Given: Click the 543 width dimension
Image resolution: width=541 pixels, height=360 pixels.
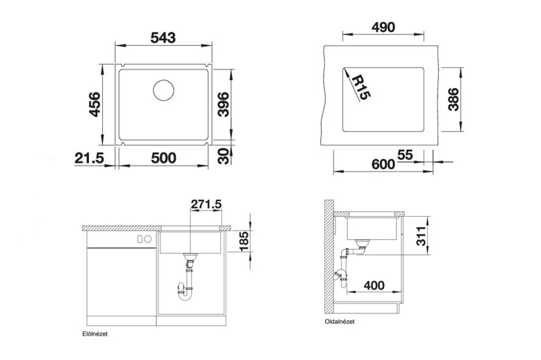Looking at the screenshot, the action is [x=163, y=38].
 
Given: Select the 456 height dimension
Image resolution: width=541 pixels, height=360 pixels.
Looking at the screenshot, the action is [x=94, y=104].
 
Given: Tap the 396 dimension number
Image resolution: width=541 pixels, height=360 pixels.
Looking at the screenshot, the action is [x=223, y=104].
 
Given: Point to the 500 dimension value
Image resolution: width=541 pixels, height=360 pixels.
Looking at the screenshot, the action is [x=163, y=158].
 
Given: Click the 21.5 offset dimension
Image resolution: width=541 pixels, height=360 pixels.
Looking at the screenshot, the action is [x=89, y=158].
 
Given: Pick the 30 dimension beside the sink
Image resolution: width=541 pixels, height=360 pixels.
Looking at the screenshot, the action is [x=224, y=156].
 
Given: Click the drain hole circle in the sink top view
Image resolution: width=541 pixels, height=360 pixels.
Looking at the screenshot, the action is [x=163, y=90].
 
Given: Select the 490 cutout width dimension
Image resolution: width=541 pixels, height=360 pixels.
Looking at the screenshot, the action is [x=383, y=27].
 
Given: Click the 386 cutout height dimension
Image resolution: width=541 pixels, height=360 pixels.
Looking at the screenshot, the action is [x=453, y=99].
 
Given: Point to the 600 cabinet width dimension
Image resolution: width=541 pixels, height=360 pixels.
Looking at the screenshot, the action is [x=383, y=164].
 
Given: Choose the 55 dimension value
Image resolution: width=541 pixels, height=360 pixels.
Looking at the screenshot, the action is [x=405, y=155].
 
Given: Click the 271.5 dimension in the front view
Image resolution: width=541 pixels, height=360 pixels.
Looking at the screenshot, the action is [x=206, y=204].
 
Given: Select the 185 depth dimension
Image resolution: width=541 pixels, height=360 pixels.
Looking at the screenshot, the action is [x=244, y=241].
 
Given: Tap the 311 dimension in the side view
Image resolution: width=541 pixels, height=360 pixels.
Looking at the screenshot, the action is [x=422, y=236].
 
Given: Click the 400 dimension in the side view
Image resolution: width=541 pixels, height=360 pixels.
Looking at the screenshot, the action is [x=374, y=286].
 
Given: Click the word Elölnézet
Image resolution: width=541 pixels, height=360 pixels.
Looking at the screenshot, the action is [x=95, y=334].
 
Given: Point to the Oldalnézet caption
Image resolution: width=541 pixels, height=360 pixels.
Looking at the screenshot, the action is [x=340, y=321].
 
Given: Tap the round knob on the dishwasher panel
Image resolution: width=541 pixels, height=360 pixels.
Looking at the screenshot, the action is [x=148, y=239].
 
